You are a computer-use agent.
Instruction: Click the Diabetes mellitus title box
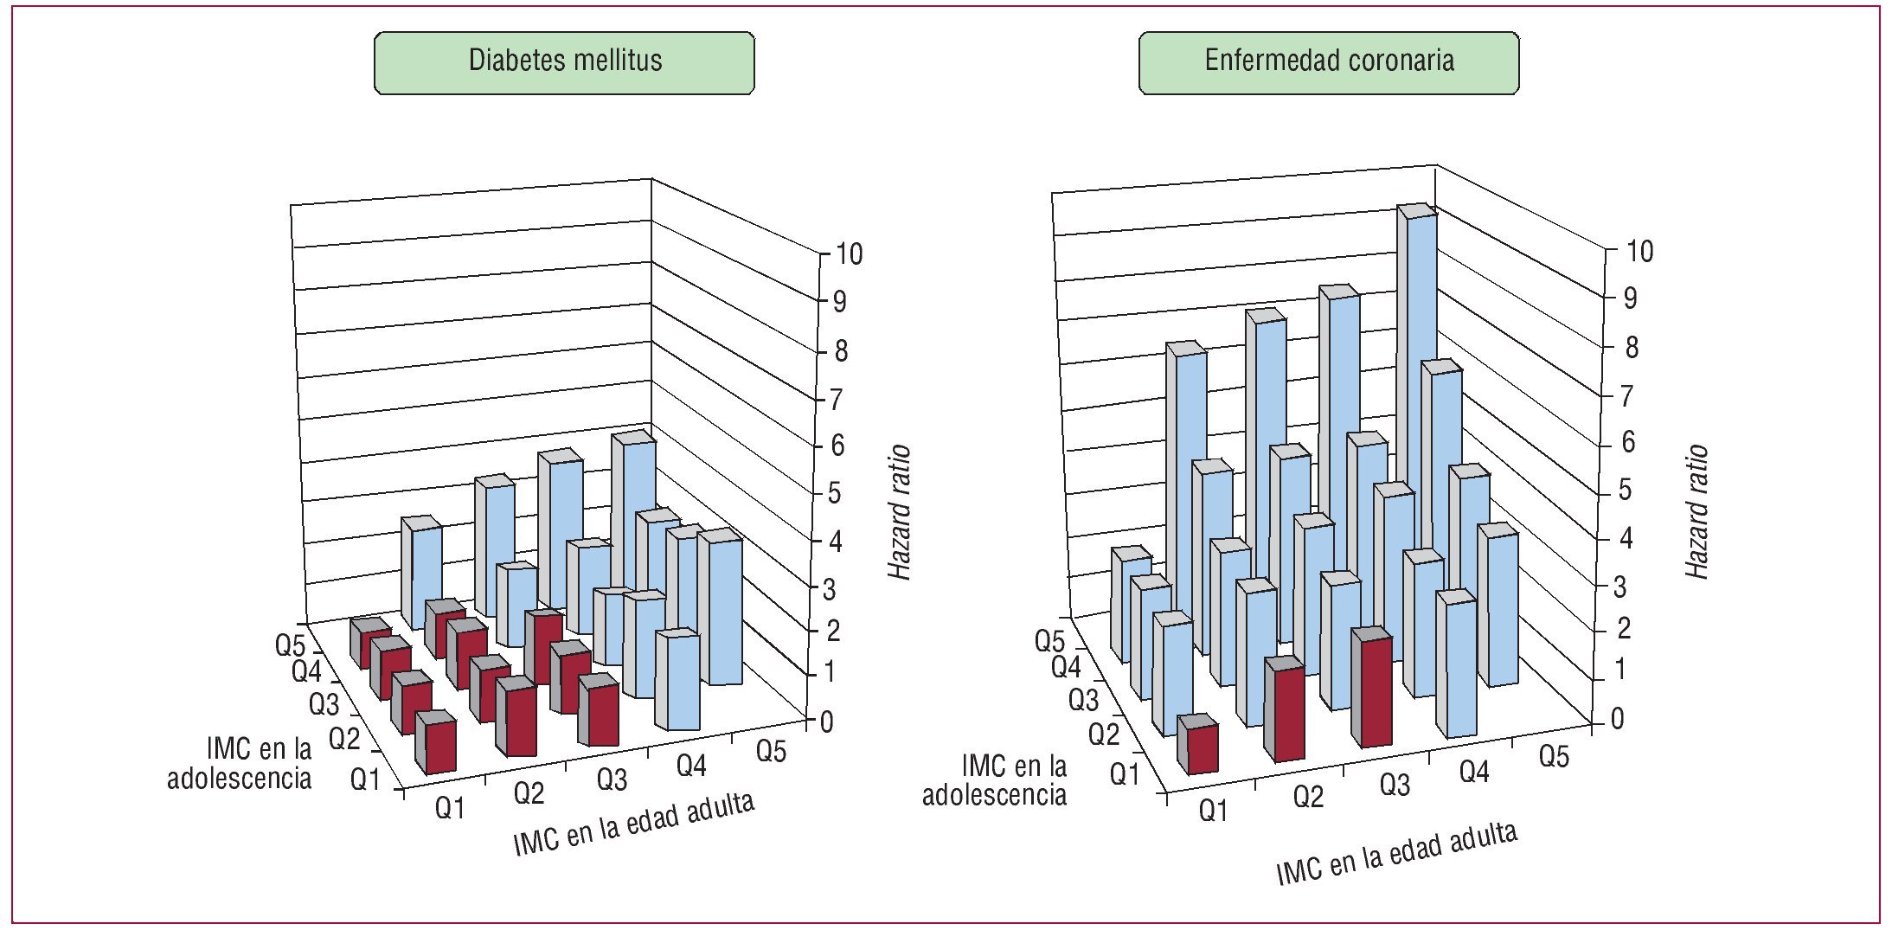564,62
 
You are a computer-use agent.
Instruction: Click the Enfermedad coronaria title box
1328,62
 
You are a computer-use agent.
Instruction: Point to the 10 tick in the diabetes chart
848,253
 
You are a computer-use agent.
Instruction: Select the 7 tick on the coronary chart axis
1627,396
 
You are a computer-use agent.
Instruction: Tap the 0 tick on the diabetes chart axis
826,722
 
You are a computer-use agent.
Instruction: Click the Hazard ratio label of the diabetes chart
900,512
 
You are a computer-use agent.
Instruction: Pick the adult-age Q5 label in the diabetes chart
771,750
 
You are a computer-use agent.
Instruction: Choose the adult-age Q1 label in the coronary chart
1213,811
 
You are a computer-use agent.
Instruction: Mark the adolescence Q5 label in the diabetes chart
290,645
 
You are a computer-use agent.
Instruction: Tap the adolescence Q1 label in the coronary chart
1125,773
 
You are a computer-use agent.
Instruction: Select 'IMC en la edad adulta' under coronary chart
1396,853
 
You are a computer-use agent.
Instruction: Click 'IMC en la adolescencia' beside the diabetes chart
240,763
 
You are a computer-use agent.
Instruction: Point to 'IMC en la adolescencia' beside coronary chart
995,780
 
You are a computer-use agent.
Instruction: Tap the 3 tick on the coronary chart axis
1620,587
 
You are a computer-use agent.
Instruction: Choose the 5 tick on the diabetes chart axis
834,493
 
